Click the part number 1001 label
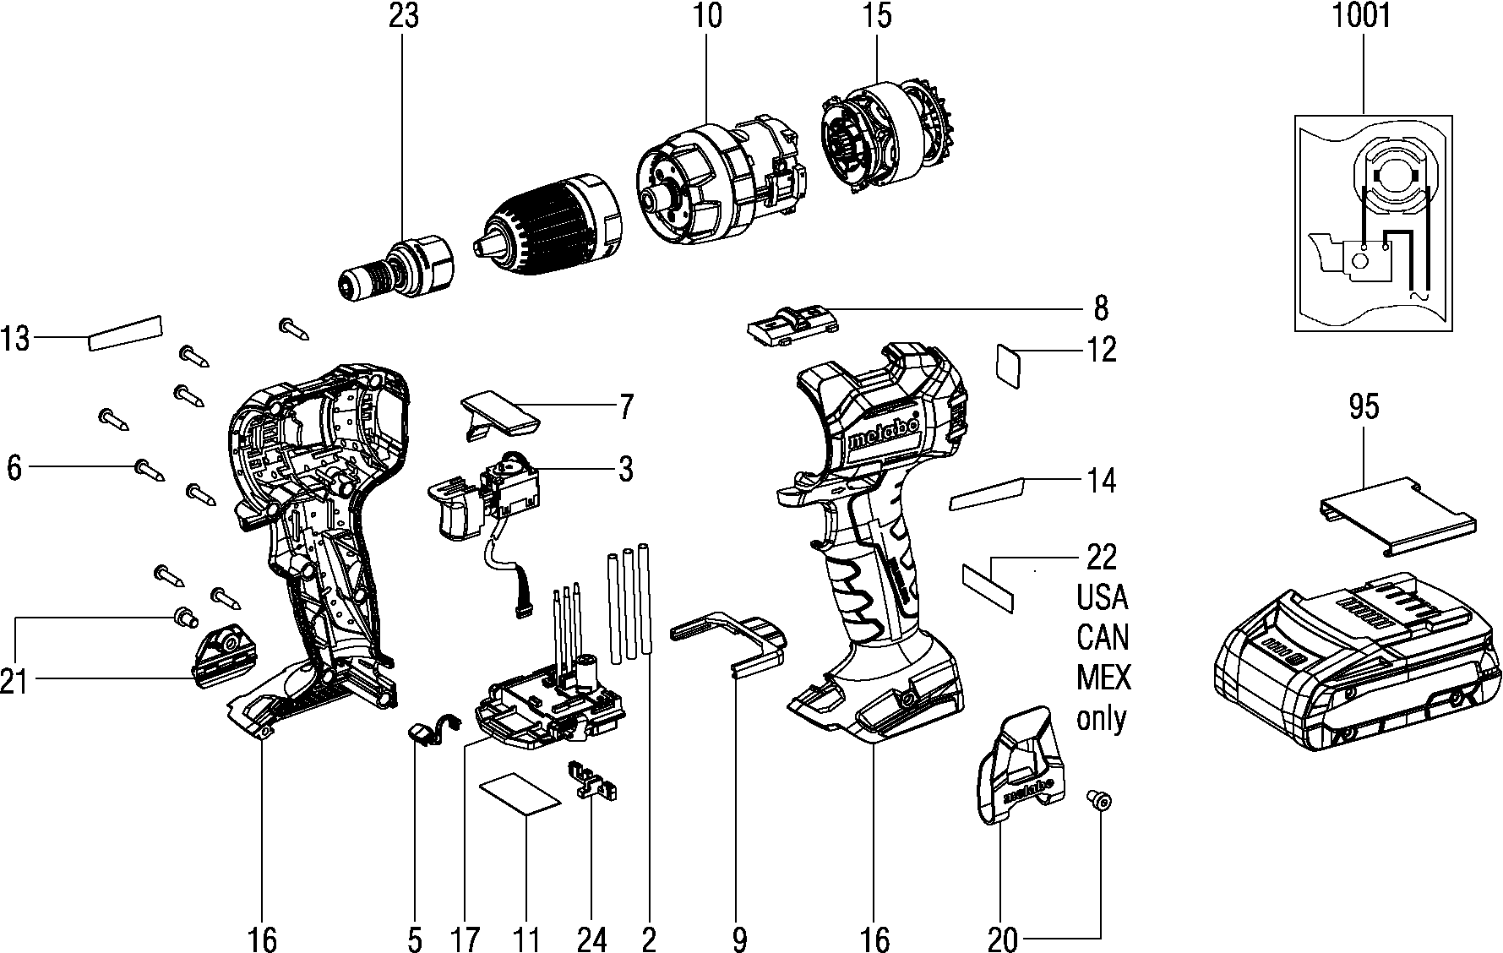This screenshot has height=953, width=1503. click(1361, 17)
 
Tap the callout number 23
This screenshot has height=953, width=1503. click(403, 17)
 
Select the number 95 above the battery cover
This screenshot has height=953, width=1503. click(1364, 407)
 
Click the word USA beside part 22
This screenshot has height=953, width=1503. click(1102, 597)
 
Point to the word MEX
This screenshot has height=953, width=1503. click(1103, 678)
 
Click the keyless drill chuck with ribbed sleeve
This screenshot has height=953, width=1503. click(548, 217)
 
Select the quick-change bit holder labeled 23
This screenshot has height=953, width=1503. click(393, 269)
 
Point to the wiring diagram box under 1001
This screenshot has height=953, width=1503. click(1375, 223)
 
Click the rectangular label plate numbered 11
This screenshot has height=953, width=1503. click(520, 794)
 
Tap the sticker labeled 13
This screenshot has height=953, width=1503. click(124, 333)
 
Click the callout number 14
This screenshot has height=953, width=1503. click(1101, 482)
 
